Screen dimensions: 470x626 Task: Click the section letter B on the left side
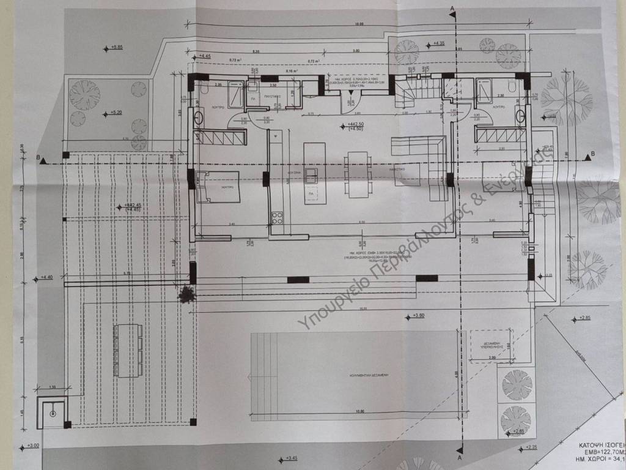tap(40, 157)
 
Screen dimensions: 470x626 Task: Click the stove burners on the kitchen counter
tap(277, 217)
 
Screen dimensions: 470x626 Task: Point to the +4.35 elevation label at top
tap(438, 44)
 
